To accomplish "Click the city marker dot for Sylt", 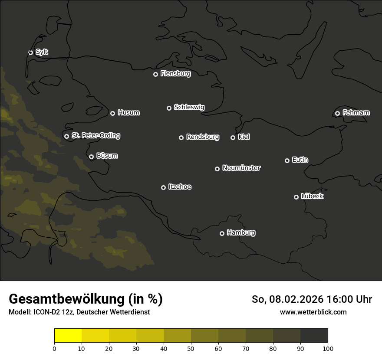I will tap(30, 52).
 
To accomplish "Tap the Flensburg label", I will tap(175, 74).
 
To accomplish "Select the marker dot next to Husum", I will tap(112, 113).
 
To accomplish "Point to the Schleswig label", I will tap(189, 107).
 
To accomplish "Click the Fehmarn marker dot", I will tap(337, 113).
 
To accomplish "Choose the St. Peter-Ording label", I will tap(95, 136).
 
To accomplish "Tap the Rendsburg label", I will tap(203, 137).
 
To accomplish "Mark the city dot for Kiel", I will tap(233, 137).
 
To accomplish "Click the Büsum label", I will tap(107, 156).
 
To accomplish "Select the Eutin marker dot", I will tap(287, 160).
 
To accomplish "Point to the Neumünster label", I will tap(241, 168).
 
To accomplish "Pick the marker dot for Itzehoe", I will tap(163, 187).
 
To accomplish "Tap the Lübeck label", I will tap(312, 196).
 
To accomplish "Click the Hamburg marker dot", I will tap(222, 233).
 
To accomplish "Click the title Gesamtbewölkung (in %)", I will tap(86, 299).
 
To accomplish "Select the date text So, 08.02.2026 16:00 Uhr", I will tap(312, 299).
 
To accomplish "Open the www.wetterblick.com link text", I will tap(313, 312).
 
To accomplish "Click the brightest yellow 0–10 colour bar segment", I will tap(68, 336).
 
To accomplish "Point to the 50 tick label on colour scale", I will tap(191, 348).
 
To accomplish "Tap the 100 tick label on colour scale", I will tap(328, 348).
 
